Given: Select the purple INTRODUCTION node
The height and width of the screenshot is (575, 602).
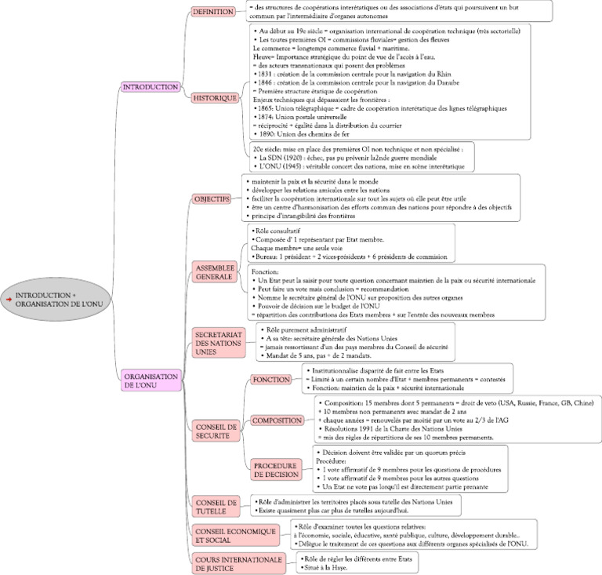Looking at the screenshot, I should [x=151, y=87].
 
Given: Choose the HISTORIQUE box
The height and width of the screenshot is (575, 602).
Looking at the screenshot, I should [x=216, y=98].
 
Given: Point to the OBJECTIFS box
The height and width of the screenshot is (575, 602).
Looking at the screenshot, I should [x=212, y=199].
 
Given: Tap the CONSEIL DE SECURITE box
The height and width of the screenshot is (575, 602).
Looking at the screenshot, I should [x=214, y=431].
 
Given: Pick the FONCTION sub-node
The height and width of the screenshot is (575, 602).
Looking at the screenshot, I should [x=271, y=380].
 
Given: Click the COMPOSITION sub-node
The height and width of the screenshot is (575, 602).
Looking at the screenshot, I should [x=277, y=420].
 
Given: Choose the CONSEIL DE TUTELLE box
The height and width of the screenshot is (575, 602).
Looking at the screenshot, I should [x=216, y=507].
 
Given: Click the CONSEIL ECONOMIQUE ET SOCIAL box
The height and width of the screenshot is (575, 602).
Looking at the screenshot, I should [x=236, y=535].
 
